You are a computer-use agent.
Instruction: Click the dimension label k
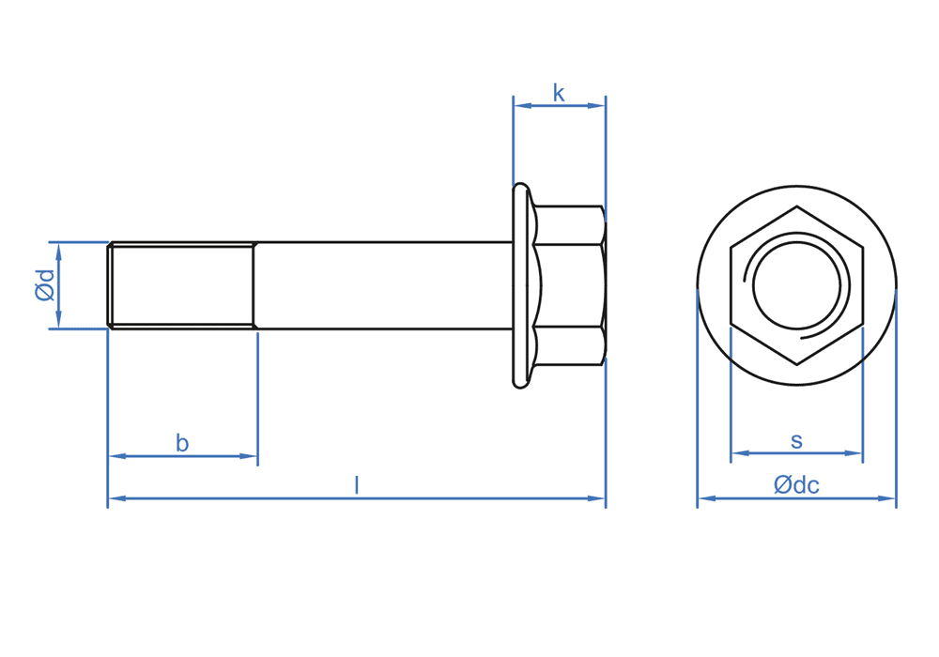point(559,94)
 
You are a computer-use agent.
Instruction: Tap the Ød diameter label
point(45,284)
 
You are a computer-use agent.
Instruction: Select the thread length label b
point(182,443)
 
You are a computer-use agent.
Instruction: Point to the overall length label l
point(357,485)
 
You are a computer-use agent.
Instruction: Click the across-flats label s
point(796,441)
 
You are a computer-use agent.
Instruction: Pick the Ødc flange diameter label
point(796,484)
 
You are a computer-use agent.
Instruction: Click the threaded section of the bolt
point(181,285)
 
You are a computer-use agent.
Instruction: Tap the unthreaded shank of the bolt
point(384,285)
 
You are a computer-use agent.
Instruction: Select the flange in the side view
point(522,285)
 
